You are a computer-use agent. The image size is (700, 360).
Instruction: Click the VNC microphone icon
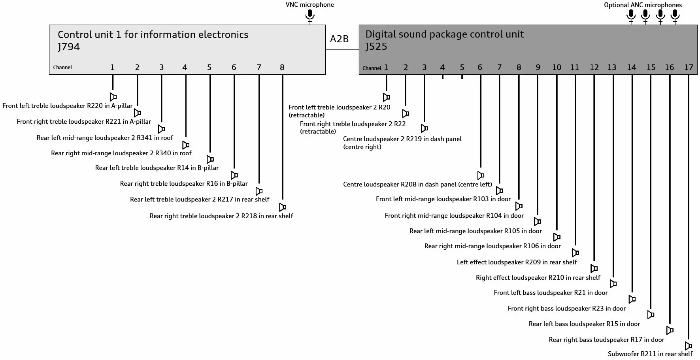pos(310,17)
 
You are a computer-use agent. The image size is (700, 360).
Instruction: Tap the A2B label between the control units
pos(339,39)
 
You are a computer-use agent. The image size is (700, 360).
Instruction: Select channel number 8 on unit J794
pos(282,67)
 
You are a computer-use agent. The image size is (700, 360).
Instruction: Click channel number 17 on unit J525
pos(689,67)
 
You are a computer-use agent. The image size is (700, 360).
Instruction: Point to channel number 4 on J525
pos(442,68)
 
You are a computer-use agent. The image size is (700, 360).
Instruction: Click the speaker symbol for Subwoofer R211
pos(688,346)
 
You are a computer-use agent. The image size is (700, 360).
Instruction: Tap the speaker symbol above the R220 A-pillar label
pos(113,97)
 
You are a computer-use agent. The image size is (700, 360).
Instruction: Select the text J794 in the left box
pos(69,47)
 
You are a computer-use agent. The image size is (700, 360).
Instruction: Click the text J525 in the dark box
pos(376,46)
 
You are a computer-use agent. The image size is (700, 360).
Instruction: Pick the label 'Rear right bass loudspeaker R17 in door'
pos(606,339)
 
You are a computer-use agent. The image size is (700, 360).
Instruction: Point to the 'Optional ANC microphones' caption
pos(643,5)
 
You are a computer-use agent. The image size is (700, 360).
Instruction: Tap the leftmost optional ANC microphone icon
pos(631,17)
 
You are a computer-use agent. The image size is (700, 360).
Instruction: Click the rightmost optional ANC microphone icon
pos(675,17)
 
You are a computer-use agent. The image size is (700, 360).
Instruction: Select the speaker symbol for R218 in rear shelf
pos(283,207)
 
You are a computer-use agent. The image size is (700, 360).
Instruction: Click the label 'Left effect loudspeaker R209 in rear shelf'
pos(517,262)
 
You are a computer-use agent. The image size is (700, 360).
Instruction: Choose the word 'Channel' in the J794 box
pos(62,68)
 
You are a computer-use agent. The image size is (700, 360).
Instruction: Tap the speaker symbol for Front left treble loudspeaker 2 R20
pos(387,97)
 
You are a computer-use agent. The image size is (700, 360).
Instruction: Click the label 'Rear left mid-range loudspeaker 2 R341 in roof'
pos(105,138)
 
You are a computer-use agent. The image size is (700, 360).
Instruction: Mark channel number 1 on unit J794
pos(112,67)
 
